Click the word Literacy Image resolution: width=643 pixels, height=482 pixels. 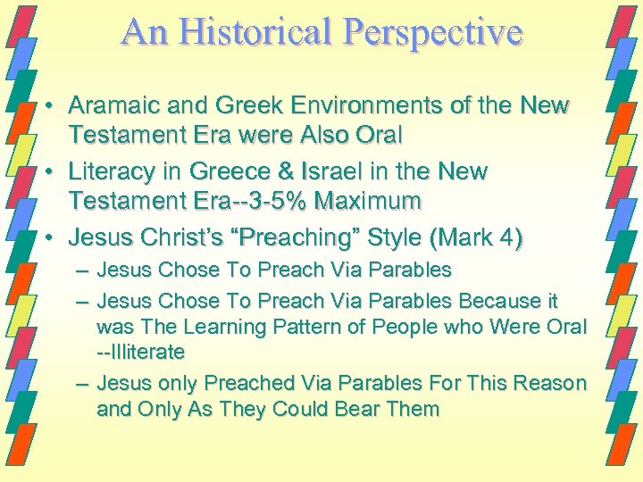point(108,170)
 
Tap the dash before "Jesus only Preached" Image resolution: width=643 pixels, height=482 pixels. point(82,385)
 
